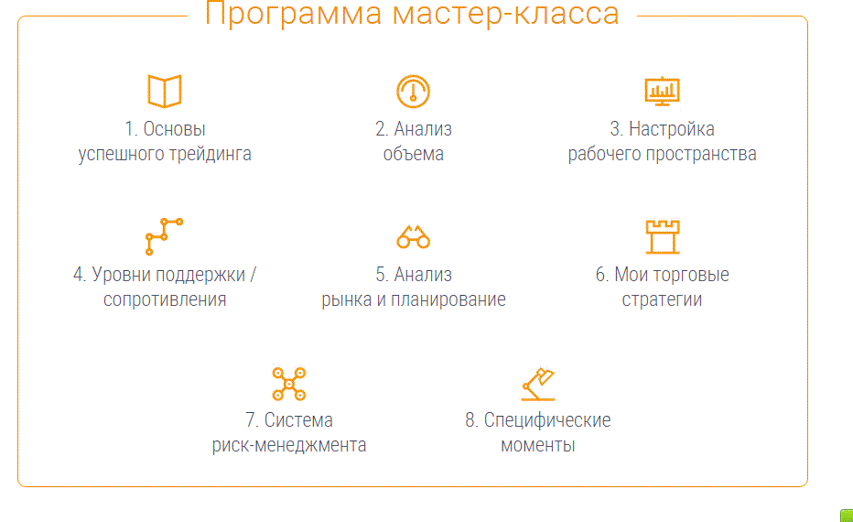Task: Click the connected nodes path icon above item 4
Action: (x=164, y=236)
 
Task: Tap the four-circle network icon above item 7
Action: (x=289, y=384)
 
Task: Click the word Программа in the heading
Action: (x=293, y=13)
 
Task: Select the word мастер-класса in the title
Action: (x=505, y=13)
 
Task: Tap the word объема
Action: (x=414, y=154)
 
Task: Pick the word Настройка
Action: (x=671, y=129)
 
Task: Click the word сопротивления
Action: (x=165, y=299)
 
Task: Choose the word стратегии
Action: (x=662, y=299)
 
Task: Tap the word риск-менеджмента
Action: (x=289, y=445)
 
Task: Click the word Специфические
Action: (x=547, y=420)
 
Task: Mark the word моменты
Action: (x=538, y=445)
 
